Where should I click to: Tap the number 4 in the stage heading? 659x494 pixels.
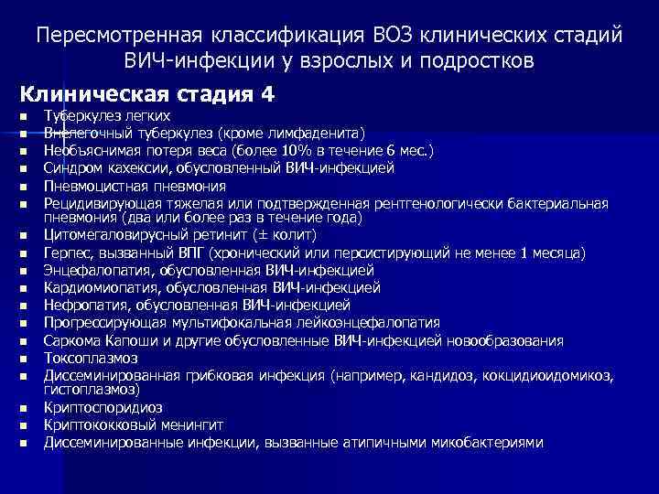266,94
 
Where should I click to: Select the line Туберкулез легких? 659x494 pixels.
107,117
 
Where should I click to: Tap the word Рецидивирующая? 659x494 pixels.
103,203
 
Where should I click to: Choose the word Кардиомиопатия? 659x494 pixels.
102,288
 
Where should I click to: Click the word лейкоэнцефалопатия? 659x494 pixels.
361,323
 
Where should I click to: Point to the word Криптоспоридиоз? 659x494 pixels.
103,408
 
